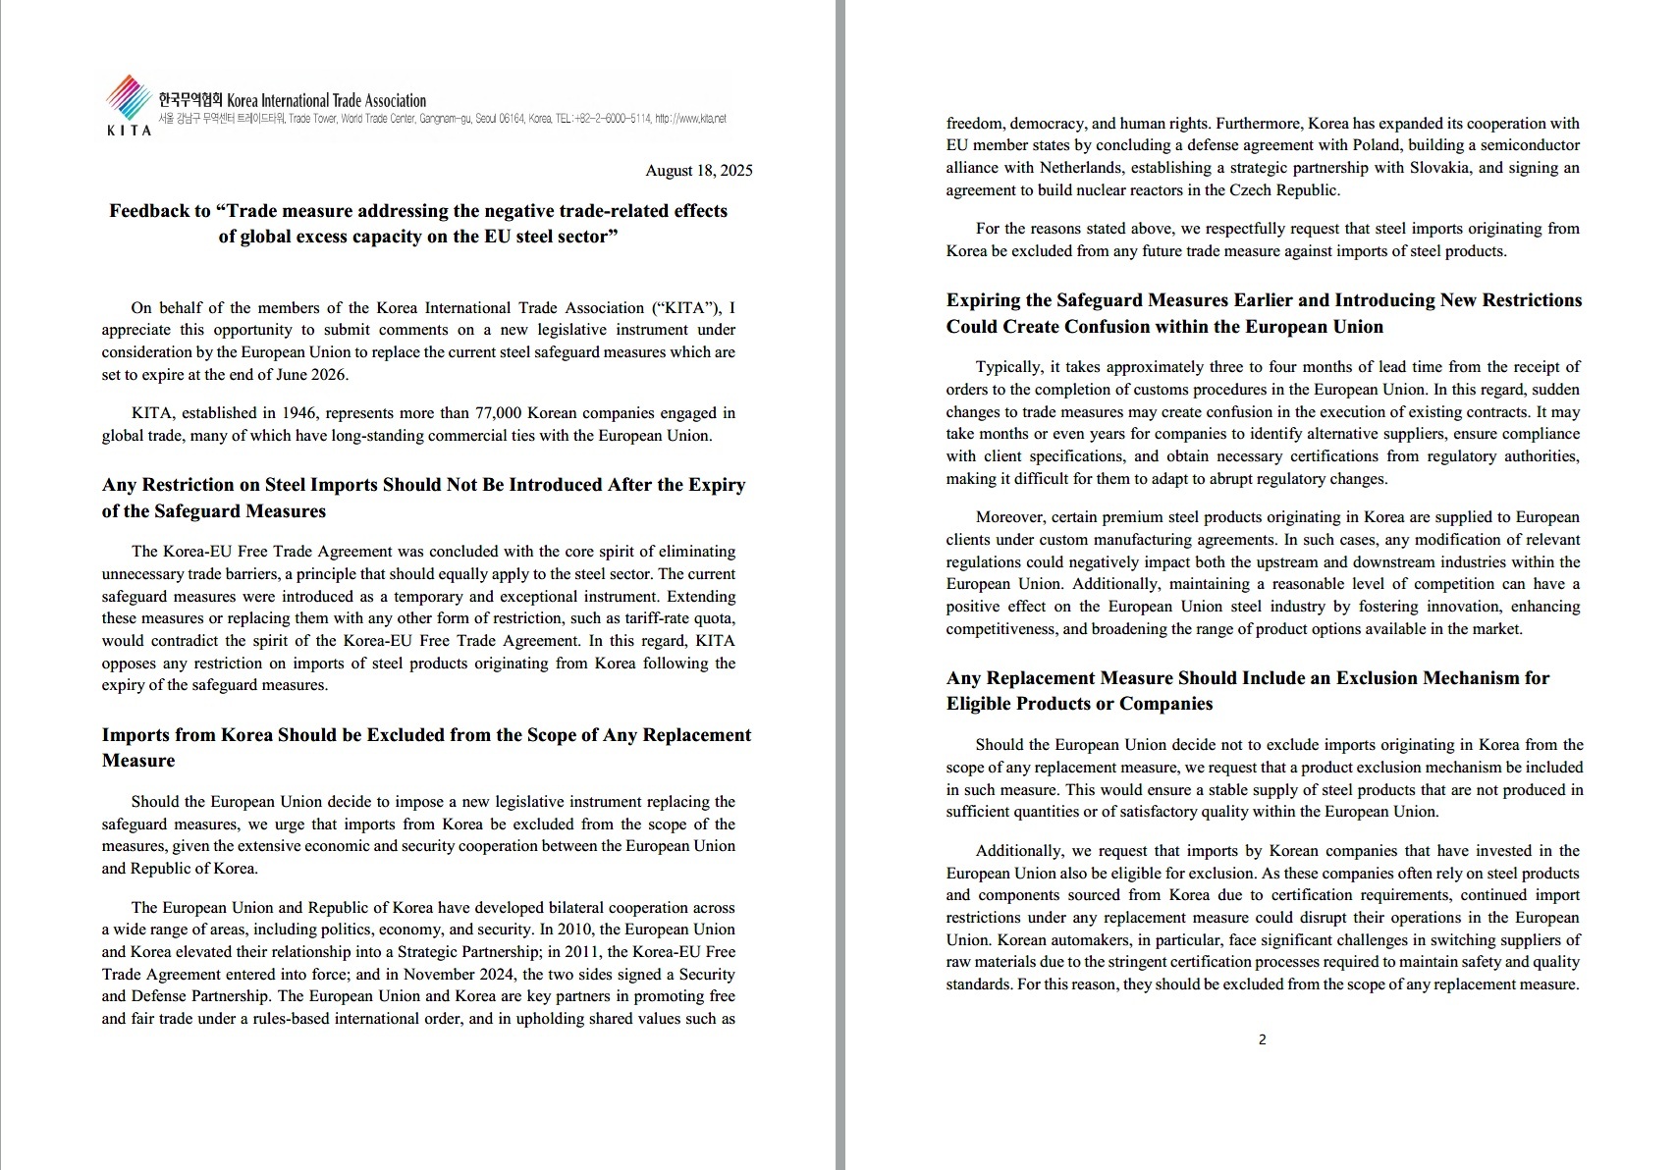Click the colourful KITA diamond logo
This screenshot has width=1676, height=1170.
pos(128,97)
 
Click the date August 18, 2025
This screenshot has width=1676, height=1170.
pos(698,171)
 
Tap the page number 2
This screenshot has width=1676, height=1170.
pos(1262,1040)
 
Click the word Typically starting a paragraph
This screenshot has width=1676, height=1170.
pos(1008,367)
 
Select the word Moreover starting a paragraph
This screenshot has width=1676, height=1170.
pos(1010,517)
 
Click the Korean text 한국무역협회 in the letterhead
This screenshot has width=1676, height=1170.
pos(190,100)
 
